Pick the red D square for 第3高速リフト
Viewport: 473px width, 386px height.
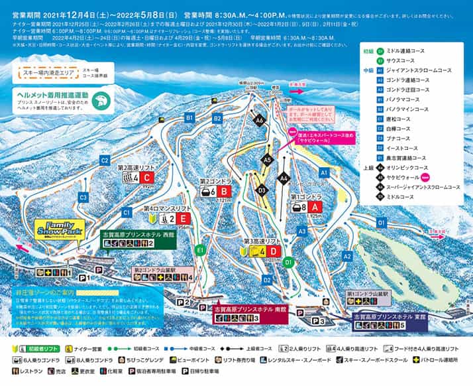272,251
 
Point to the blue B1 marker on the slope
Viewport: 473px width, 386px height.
189,117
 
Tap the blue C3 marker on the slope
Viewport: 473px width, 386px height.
83,197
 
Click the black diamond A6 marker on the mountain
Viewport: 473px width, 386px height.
260,120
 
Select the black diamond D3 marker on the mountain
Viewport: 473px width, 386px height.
262,190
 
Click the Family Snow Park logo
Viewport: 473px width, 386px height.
60,229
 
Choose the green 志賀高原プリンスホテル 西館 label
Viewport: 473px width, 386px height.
138,239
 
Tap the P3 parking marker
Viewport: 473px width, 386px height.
319,321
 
